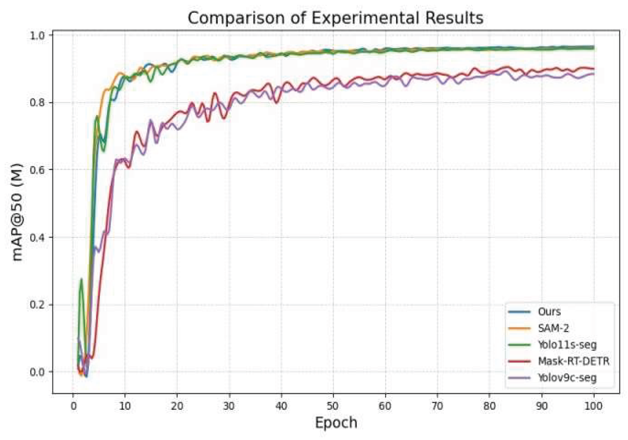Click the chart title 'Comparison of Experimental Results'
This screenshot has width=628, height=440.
pos(335,18)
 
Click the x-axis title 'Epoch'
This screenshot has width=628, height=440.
pos(336,422)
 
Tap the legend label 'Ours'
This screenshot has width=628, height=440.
pos(549,312)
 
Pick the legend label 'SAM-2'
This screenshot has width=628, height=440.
pos(553,328)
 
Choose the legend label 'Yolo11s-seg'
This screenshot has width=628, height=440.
pos(567,345)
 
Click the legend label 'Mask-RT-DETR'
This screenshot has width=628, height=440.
pos(573,361)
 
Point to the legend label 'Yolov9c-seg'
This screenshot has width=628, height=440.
pos(567,378)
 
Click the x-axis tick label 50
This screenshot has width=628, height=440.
pos(333,406)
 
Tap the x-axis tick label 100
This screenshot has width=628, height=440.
pos(593,406)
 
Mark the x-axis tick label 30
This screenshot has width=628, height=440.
pos(228,406)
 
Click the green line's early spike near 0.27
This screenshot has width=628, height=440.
pos(81,279)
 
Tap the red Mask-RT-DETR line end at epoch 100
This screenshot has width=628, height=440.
pos(593,69)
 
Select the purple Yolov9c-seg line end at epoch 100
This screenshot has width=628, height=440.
pos(593,74)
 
